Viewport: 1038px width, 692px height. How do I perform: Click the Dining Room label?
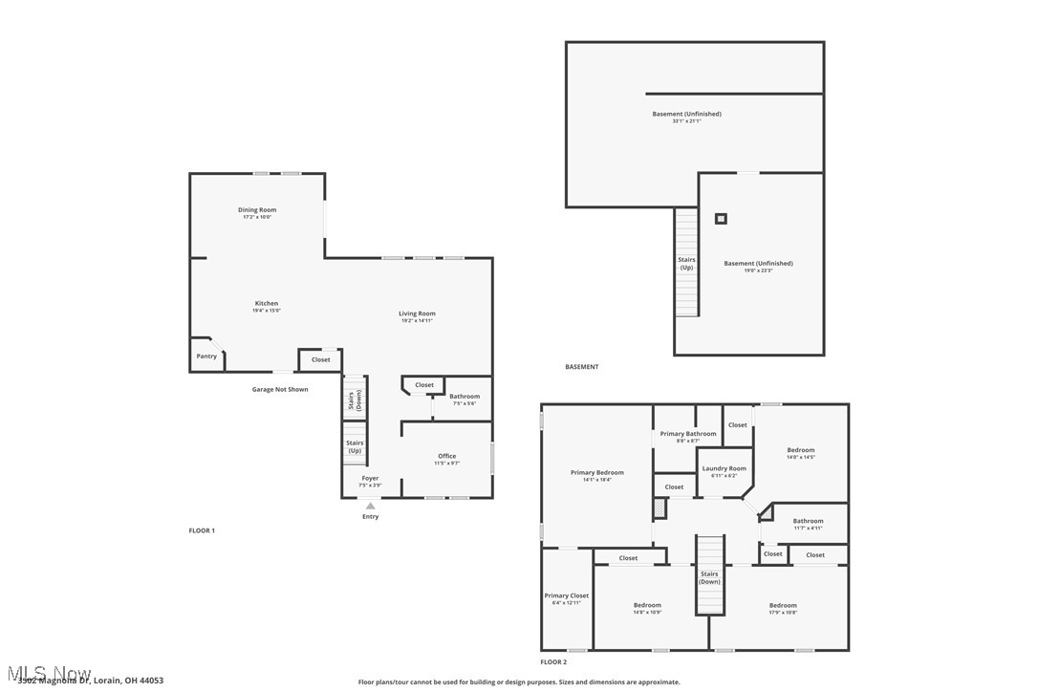[x=257, y=210]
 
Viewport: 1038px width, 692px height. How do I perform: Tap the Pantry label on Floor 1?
[x=206, y=357]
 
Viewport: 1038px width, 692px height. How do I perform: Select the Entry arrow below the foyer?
[x=370, y=507]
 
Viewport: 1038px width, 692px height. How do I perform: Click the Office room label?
[x=446, y=456]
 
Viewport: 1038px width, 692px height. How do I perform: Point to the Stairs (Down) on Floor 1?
[x=355, y=400]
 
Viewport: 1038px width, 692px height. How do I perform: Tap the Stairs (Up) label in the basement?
[x=686, y=263]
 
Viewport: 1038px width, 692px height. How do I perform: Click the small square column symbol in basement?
[x=721, y=219]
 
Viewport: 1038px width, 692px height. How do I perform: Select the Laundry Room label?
[x=724, y=468]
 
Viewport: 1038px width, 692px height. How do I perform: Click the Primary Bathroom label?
[x=688, y=434]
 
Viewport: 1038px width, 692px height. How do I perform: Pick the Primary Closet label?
[x=566, y=595]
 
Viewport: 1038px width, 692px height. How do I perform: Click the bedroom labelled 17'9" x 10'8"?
[x=783, y=605]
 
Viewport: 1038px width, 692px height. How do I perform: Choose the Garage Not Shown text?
[x=280, y=390]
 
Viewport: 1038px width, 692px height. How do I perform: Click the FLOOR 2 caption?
[x=553, y=662]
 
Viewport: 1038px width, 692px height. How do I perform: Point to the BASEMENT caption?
[x=581, y=367]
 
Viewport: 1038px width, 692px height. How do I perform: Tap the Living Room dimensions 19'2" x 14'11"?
[x=417, y=321]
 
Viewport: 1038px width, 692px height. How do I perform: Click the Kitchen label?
[x=266, y=304]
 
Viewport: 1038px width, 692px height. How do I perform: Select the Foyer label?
[x=370, y=478]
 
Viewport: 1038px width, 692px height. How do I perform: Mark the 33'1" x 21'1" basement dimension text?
[x=686, y=121]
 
